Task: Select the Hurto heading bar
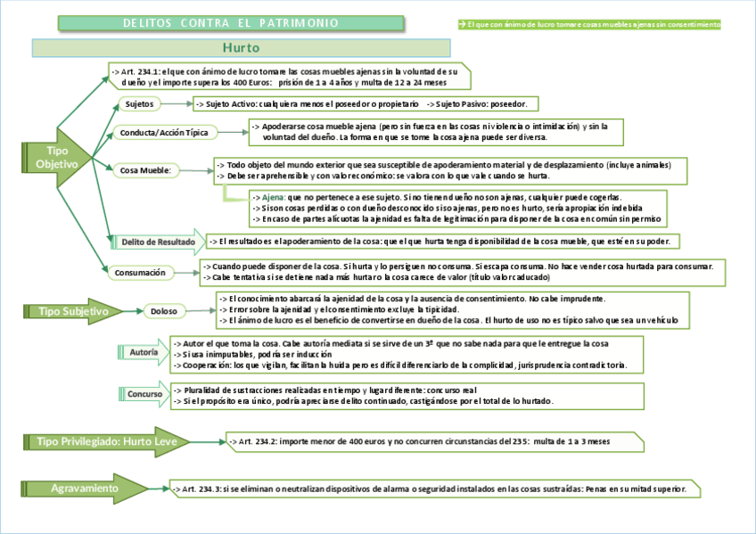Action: click(x=241, y=47)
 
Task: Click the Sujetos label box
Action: click(x=139, y=103)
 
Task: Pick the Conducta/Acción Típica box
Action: click(x=166, y=133)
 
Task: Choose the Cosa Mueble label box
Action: click(x=146, y=169)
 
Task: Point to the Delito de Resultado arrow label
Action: click(x=157, y=241)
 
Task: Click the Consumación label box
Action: click(x=142, y=273)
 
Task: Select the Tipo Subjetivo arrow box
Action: click(x=75, y=311)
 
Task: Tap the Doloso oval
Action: click(x=165, y=311)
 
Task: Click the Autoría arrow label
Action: click(x=144, y=353)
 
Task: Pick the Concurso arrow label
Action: click(x=144, y=393)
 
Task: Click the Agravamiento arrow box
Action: click(x=86, y=489)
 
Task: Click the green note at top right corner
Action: click(x=588, y=24)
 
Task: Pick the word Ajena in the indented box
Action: click(x=273, y=197)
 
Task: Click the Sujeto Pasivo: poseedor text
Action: click(x=481, y=103)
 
